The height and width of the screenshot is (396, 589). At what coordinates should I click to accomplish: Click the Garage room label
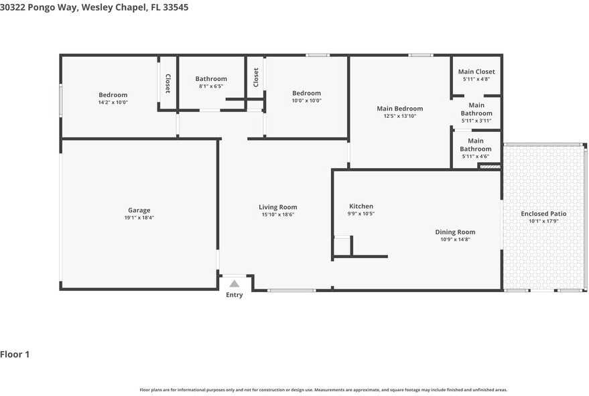139,210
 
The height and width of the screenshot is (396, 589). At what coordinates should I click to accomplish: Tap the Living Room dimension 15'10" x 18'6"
278,214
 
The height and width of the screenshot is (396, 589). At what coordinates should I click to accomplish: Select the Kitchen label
361,206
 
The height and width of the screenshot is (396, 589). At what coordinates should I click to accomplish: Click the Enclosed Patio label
543,214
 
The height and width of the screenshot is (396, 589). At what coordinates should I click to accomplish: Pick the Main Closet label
476,72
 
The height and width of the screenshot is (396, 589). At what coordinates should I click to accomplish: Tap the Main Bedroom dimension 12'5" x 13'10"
400,116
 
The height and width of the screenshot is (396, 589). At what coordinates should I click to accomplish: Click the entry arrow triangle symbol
235,283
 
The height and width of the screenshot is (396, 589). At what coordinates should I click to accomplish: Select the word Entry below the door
235,295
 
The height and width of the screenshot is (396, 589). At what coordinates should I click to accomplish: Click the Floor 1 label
15,354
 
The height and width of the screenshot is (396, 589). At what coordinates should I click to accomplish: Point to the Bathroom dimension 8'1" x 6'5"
211,86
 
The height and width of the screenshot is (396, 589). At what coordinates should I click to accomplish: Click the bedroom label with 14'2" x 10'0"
113,95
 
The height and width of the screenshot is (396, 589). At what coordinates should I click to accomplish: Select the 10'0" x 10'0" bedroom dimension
306,101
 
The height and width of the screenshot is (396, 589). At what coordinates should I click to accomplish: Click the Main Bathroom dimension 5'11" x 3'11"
476,121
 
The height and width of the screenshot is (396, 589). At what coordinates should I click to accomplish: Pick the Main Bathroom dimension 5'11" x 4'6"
476,156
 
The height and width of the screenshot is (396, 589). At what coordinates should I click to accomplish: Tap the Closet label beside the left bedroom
168,83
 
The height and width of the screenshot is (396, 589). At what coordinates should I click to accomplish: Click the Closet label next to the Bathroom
256,77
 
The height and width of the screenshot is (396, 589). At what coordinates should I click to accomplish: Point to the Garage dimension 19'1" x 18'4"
139,218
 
